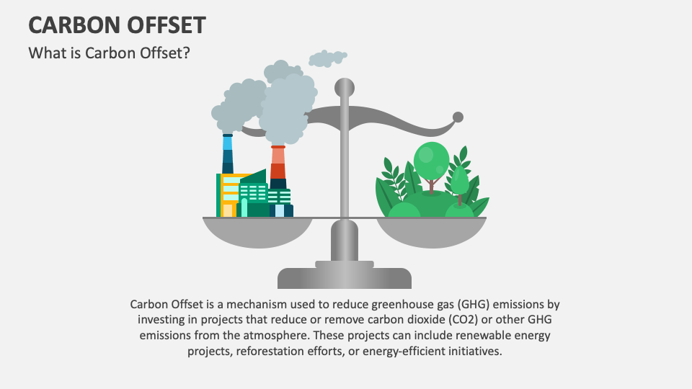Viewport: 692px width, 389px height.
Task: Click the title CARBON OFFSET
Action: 116,24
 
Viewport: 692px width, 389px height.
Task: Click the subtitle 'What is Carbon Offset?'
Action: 109,54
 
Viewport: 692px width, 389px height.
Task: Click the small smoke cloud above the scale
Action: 327,58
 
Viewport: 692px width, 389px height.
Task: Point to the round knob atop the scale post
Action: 345,87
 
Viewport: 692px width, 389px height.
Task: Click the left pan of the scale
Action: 258,230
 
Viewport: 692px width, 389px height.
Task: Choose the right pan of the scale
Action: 431,231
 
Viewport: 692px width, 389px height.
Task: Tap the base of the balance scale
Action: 345,277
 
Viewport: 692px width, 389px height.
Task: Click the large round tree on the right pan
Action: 431,159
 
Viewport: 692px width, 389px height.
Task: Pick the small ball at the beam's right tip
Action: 457,116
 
